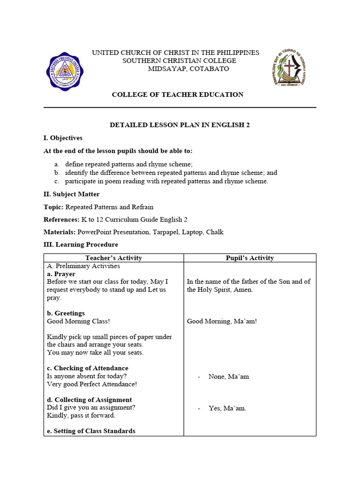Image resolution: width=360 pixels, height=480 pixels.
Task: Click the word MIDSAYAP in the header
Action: point(169,68)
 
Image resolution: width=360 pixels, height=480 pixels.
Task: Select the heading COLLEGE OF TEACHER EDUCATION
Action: point(177,95)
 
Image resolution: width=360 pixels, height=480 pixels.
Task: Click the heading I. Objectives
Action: point(63,138)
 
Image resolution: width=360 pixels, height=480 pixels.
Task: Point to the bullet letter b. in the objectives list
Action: point(57,172)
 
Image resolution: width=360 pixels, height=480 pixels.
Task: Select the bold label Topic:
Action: point(53,207)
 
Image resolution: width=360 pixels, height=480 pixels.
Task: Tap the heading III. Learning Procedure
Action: point(81,245)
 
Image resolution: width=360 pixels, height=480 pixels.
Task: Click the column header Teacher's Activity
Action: point(113,258)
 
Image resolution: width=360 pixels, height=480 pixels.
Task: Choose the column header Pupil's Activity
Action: point(249,258)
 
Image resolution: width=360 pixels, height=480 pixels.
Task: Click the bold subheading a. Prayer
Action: point(61,274)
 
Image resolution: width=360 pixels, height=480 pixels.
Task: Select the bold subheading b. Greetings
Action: point(66,313)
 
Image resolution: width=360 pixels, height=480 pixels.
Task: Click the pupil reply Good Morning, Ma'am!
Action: point(222,321)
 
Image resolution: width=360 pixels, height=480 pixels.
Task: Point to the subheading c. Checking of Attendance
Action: point(87,368)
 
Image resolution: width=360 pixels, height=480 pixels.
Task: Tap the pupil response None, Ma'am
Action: point(228,376)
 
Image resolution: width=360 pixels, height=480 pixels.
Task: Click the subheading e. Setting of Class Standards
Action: point(91,431)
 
